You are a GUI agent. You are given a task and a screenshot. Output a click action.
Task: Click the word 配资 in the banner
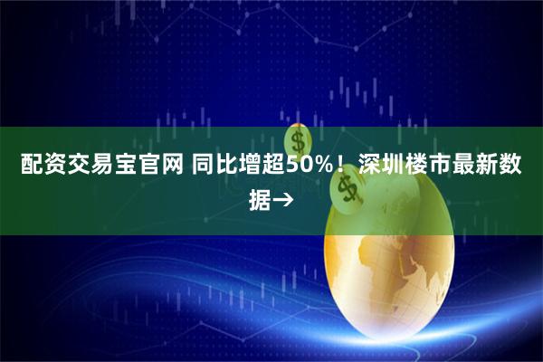(x=33, y=167)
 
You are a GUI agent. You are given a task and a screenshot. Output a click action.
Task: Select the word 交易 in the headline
(x=82, y=167)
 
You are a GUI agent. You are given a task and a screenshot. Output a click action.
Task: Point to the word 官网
(x=157, y=167)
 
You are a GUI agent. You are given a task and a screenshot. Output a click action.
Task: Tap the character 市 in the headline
(x=444, y=167)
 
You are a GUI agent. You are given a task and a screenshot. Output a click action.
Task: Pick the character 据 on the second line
(x=260, y=196)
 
